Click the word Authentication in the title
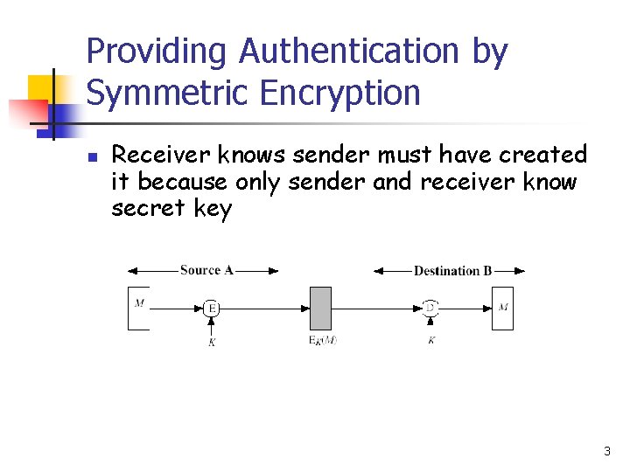pos(347,52)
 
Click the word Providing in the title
pos(157,52)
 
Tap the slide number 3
pos(606,452)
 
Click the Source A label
pos(206,270)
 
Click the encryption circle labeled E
pos(212,308)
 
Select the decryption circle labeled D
pos(430,308)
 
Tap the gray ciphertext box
pos(321,308)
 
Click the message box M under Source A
pos(138,308)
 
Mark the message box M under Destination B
pos(502,308)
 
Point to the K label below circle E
pos(212,343)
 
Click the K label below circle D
pos(430,340)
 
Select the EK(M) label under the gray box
pos(322,340)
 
